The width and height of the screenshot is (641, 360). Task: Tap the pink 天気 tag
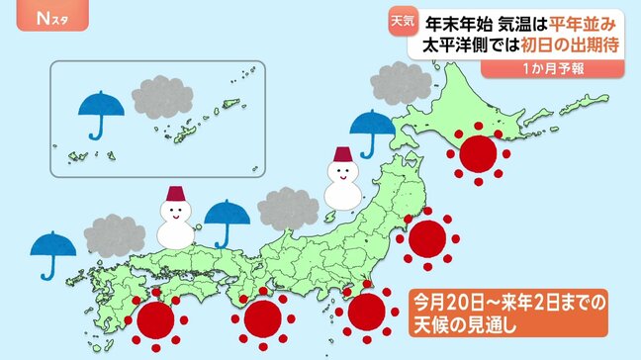coord(403,18)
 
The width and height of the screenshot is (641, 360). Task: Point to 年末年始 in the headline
coord(461,20)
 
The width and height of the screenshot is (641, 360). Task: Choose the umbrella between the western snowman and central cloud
coord(229,218)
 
